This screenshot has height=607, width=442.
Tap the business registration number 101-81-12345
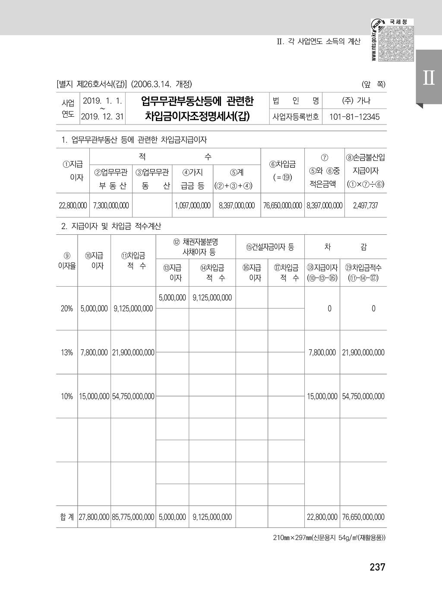[354, 117]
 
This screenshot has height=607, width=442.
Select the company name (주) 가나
[356, 101]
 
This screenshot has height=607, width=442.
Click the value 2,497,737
[365, 206]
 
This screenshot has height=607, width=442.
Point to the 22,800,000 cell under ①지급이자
[73, 206]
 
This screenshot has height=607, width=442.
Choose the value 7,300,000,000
[110, 206]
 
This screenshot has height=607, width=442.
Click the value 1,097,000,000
[193, 206]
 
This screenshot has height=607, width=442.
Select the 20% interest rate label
[66, 309]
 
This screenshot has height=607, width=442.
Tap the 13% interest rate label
[66, 352]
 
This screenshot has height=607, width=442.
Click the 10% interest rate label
[66, 396]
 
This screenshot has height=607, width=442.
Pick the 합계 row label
[67, 517]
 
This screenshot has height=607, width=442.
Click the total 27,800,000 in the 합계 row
[94, 517]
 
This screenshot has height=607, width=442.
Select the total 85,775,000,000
[133, 517]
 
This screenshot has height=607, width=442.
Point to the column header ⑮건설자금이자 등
[270, 247]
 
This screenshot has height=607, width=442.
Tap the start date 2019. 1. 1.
[102, 101]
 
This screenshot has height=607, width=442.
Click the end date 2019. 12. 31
[102, 117]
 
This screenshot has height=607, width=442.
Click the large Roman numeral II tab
[429, 78]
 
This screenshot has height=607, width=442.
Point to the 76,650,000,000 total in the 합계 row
[363, 517]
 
